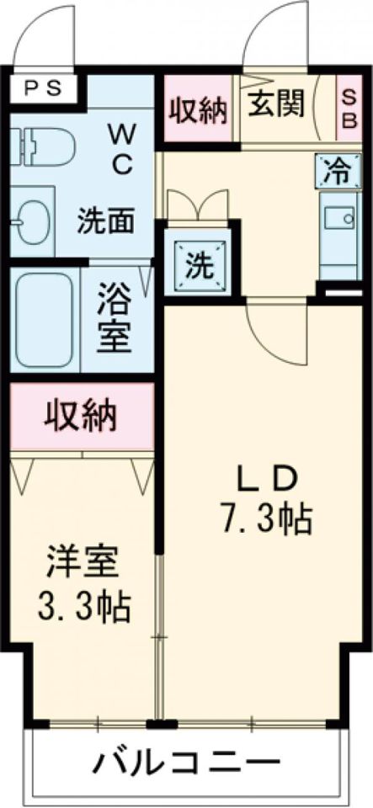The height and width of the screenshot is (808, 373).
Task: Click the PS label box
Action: (41, 87)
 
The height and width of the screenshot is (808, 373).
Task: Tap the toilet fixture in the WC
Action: (42, 145)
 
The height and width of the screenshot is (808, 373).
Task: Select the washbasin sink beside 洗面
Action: (32, 217)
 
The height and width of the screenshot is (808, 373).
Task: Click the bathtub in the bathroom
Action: (44, 319)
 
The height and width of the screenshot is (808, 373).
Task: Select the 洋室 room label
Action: (83, 562)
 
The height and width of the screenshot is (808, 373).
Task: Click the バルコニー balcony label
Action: (186, 764)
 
